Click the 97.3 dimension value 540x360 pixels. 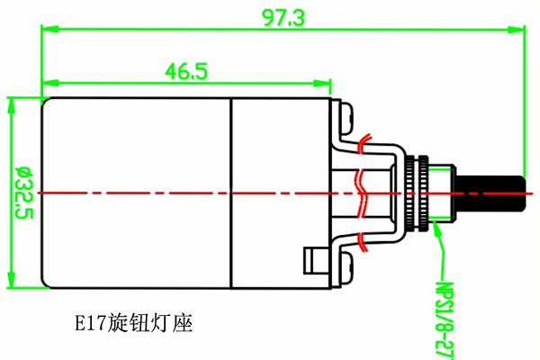pyautogui.click(x=283, y=17)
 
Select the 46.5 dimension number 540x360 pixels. pyautogui.click(x=185, y=70)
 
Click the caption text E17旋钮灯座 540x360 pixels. pyautogui.click(x=134, y=321)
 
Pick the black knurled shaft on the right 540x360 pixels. pyautogui.click(x=491, y=191)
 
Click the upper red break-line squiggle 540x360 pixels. pyautogui.click(x=364, y=143)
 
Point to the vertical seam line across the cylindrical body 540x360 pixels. pyautogui.click(x=231, y=191)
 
